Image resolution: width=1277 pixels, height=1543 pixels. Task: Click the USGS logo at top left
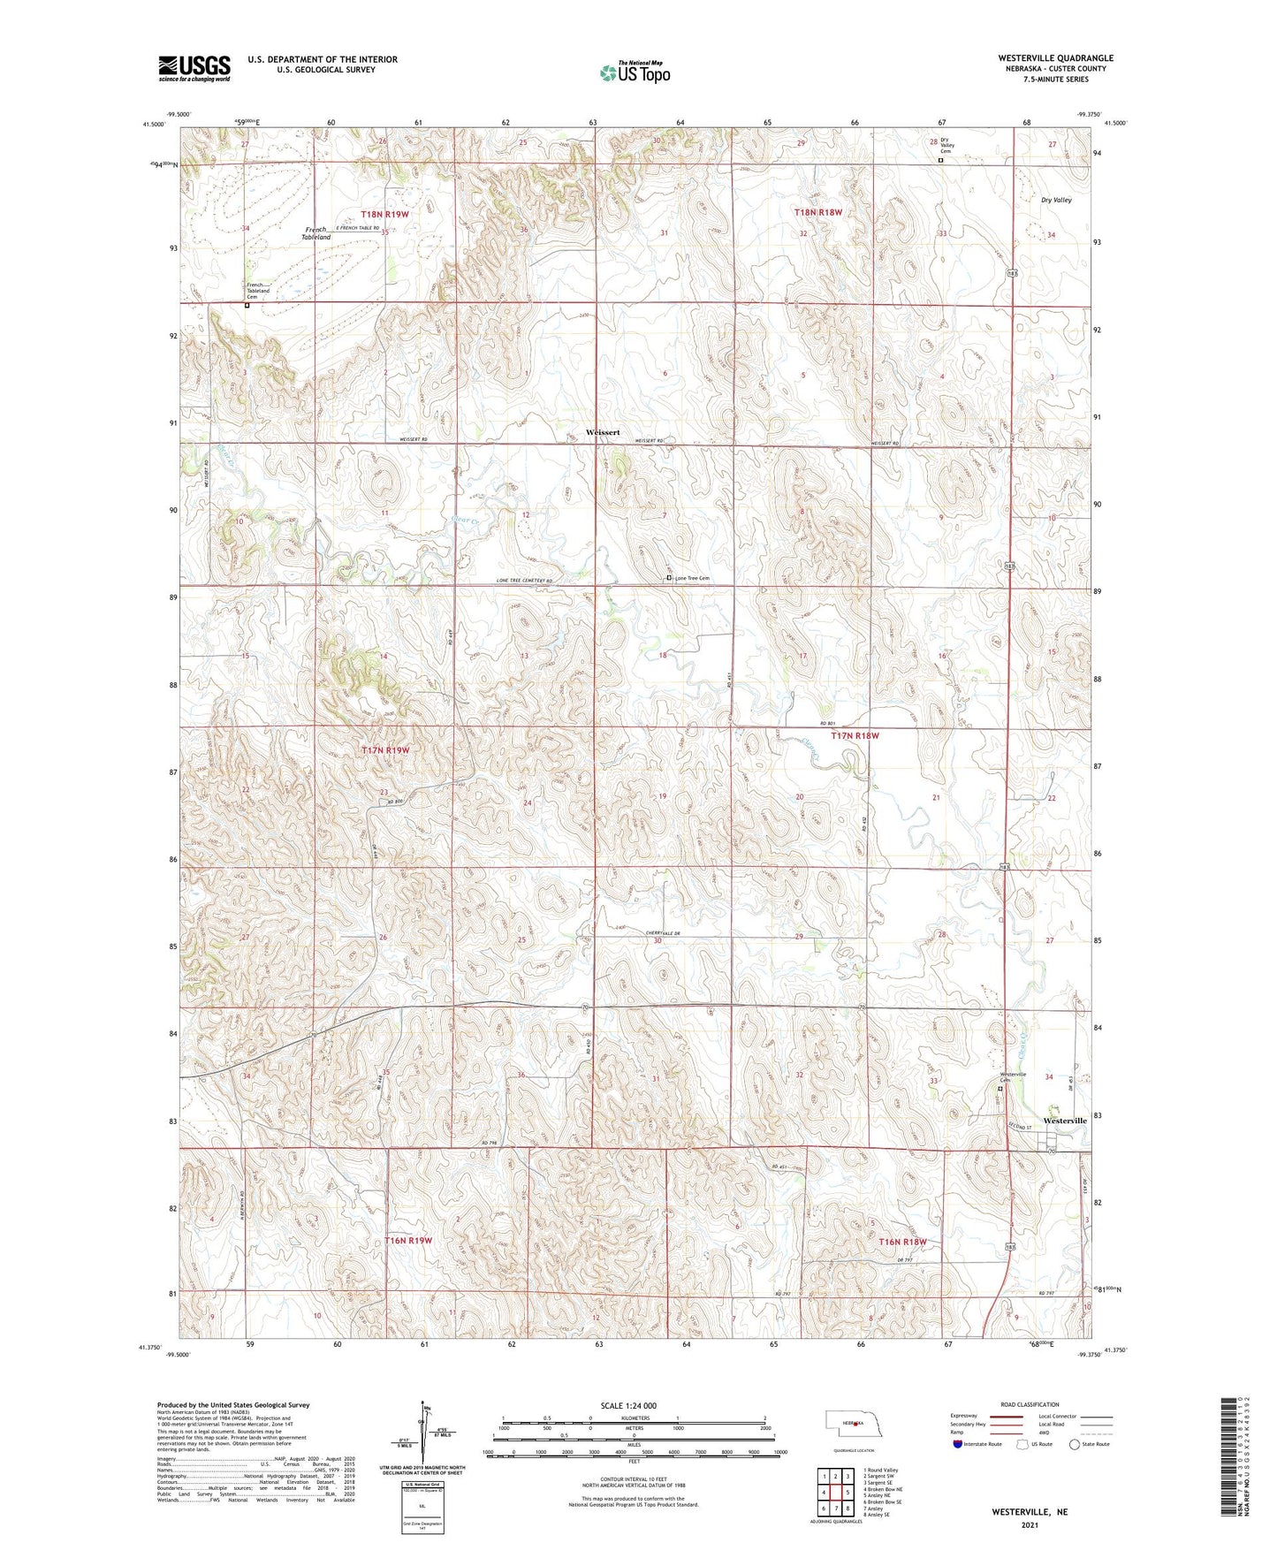point(194,68)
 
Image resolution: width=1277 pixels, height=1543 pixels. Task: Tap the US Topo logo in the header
point(634,72)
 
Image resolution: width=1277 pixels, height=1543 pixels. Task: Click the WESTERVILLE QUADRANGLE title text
point(1043,58)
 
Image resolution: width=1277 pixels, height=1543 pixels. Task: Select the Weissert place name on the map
point(603,432)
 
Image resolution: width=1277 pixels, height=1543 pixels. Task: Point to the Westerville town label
point(1065,1121)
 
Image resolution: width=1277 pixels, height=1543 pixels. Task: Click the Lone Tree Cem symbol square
point(669,578)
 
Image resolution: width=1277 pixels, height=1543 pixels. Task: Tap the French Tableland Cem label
point(257,292)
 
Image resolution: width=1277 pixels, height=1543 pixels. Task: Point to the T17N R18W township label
point(855,735)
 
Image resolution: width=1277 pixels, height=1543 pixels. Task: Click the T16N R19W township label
point(408,1241)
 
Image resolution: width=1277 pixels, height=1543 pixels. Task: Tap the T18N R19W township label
point(385,215)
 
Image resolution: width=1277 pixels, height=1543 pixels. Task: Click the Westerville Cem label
point(1012,1077)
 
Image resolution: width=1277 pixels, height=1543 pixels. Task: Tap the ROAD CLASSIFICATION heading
point(1030,1404)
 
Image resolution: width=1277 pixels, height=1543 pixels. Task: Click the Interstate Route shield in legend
point(957,1444)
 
